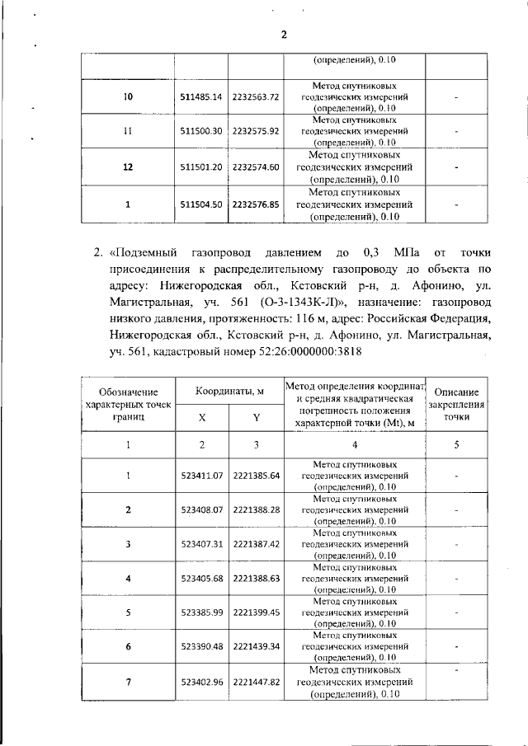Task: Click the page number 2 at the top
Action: pos(283,35)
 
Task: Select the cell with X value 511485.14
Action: pos(201,97)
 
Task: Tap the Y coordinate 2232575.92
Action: pos(257,130)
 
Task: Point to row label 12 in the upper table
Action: pos(128,167)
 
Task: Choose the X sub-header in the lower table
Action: pos(202,418)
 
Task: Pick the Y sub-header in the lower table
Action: pos(257,418)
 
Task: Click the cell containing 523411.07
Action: pos(201,476)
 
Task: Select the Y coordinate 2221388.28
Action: pos(257,509)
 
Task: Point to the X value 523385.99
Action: pos(201,612)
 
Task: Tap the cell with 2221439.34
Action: pos(257,647)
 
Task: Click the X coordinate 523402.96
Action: pos(201,683)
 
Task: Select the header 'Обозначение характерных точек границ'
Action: pos(128,405)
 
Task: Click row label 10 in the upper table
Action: pos(128,97)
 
